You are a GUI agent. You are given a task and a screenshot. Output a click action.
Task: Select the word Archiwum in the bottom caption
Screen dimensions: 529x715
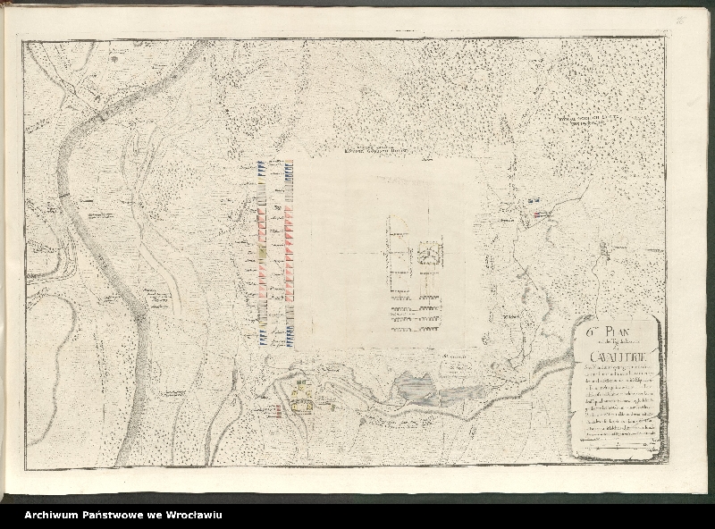coord(55,515)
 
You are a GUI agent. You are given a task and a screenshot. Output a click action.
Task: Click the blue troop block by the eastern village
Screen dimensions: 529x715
coord(535,202)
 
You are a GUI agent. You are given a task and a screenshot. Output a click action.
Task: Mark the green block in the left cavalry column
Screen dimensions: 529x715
coord(262,259)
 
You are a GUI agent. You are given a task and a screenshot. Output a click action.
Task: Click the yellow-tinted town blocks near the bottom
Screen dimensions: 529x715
coord(302,394)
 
